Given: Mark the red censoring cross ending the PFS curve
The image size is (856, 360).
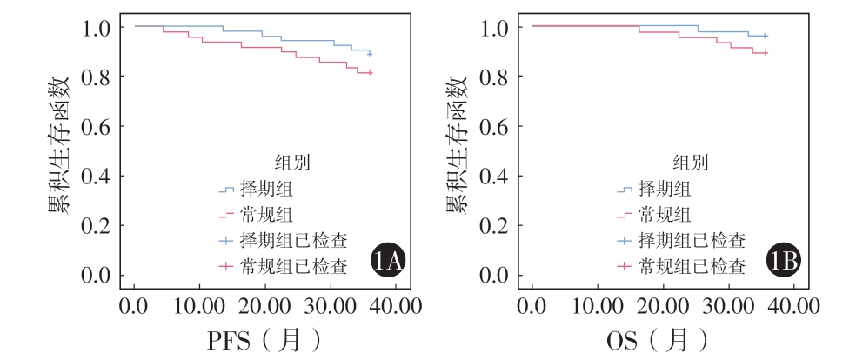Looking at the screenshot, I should click(x=370, y=72).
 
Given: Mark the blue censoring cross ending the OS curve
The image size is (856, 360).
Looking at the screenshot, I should click(x=765, y=36).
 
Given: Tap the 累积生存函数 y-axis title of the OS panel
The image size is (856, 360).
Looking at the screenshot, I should click(x=455, y=144).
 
